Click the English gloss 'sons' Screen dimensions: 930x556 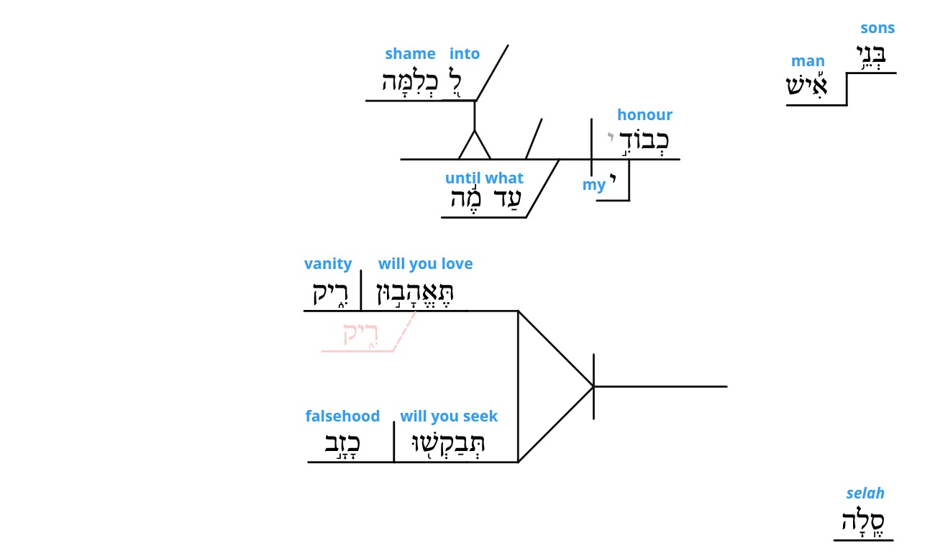[x=877, y=28]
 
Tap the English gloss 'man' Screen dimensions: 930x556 [x=808, y=61]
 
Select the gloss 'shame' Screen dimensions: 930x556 [x=410, y=53]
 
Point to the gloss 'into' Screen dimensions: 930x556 [x=464, y=53]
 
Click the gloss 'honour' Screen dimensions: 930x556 [x=644, y=114]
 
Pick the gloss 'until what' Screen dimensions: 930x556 [x=484, y=178]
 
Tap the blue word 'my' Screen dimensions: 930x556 [x=593, y=185]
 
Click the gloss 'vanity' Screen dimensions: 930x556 [x=327, y=264]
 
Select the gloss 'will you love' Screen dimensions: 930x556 [x=425, y=264]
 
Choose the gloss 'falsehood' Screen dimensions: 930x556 [x=342, y=416]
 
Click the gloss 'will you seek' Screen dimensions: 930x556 [x=448, y=416]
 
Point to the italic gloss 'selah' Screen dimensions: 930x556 [x=865, y=493]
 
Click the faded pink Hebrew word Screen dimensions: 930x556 [x=360, y=334]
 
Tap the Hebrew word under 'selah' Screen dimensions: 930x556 [x=862, y=521]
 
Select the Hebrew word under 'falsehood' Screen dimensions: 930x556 [x=342, y=445]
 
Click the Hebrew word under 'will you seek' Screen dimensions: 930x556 [x=447, y=445]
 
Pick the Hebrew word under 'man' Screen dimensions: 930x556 [x=807, y=85]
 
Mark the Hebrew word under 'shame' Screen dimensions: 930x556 [x=410, y=81]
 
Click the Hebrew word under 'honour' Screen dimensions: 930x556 [x=644, y=141]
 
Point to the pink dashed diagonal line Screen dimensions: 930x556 [x=404, y=332]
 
